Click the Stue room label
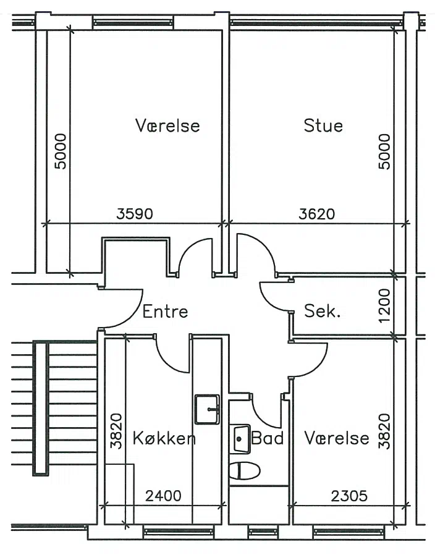(323, 125)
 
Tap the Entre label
(165, 312)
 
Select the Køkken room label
(164, 438)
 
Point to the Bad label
(268, 438)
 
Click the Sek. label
(322, 312)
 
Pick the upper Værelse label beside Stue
(167, 125)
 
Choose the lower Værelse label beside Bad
(337, 438)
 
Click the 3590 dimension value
(135, 214)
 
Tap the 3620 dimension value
(317, 214)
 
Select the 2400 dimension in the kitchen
(163, 496)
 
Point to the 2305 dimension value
(349, 496)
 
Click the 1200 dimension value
(384, 306)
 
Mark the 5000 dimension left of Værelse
(61, 151)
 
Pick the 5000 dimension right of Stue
(384, 151)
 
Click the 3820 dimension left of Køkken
(116, 431)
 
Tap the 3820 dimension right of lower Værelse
(384, 431)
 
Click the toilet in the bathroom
(245, 471)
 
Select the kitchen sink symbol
(207, 409)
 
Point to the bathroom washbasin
(240, 439)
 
